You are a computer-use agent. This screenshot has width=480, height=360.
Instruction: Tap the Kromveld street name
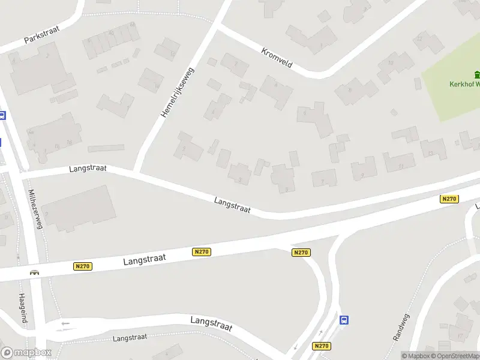(277, 58)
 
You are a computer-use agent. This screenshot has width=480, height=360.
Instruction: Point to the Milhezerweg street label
(35, 209)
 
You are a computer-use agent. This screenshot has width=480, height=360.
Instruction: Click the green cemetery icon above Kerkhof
(477, 75)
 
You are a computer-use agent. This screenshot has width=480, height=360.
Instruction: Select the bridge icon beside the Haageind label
(35, 272)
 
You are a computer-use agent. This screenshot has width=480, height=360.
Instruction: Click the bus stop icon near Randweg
(344, 320)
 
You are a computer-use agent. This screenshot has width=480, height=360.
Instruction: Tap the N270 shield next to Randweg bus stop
(321, 346)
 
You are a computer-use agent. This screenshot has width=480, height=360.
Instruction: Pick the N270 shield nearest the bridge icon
(83, 266)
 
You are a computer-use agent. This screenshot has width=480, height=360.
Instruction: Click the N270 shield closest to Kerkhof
(449, 199)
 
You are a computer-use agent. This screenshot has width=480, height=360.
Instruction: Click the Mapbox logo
(26, 353)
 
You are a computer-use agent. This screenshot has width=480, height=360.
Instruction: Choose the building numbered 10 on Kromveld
(391, 63)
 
